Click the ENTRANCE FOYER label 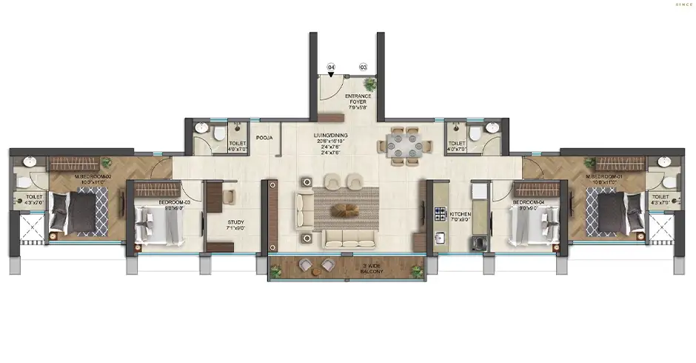(358, 101)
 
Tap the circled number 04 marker (331, 67)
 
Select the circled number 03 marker (363, 67)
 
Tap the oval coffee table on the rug (346, 209)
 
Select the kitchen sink (438, 239)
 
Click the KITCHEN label (461, 216)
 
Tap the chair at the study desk (229, 196)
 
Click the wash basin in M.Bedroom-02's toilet (29, 162)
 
